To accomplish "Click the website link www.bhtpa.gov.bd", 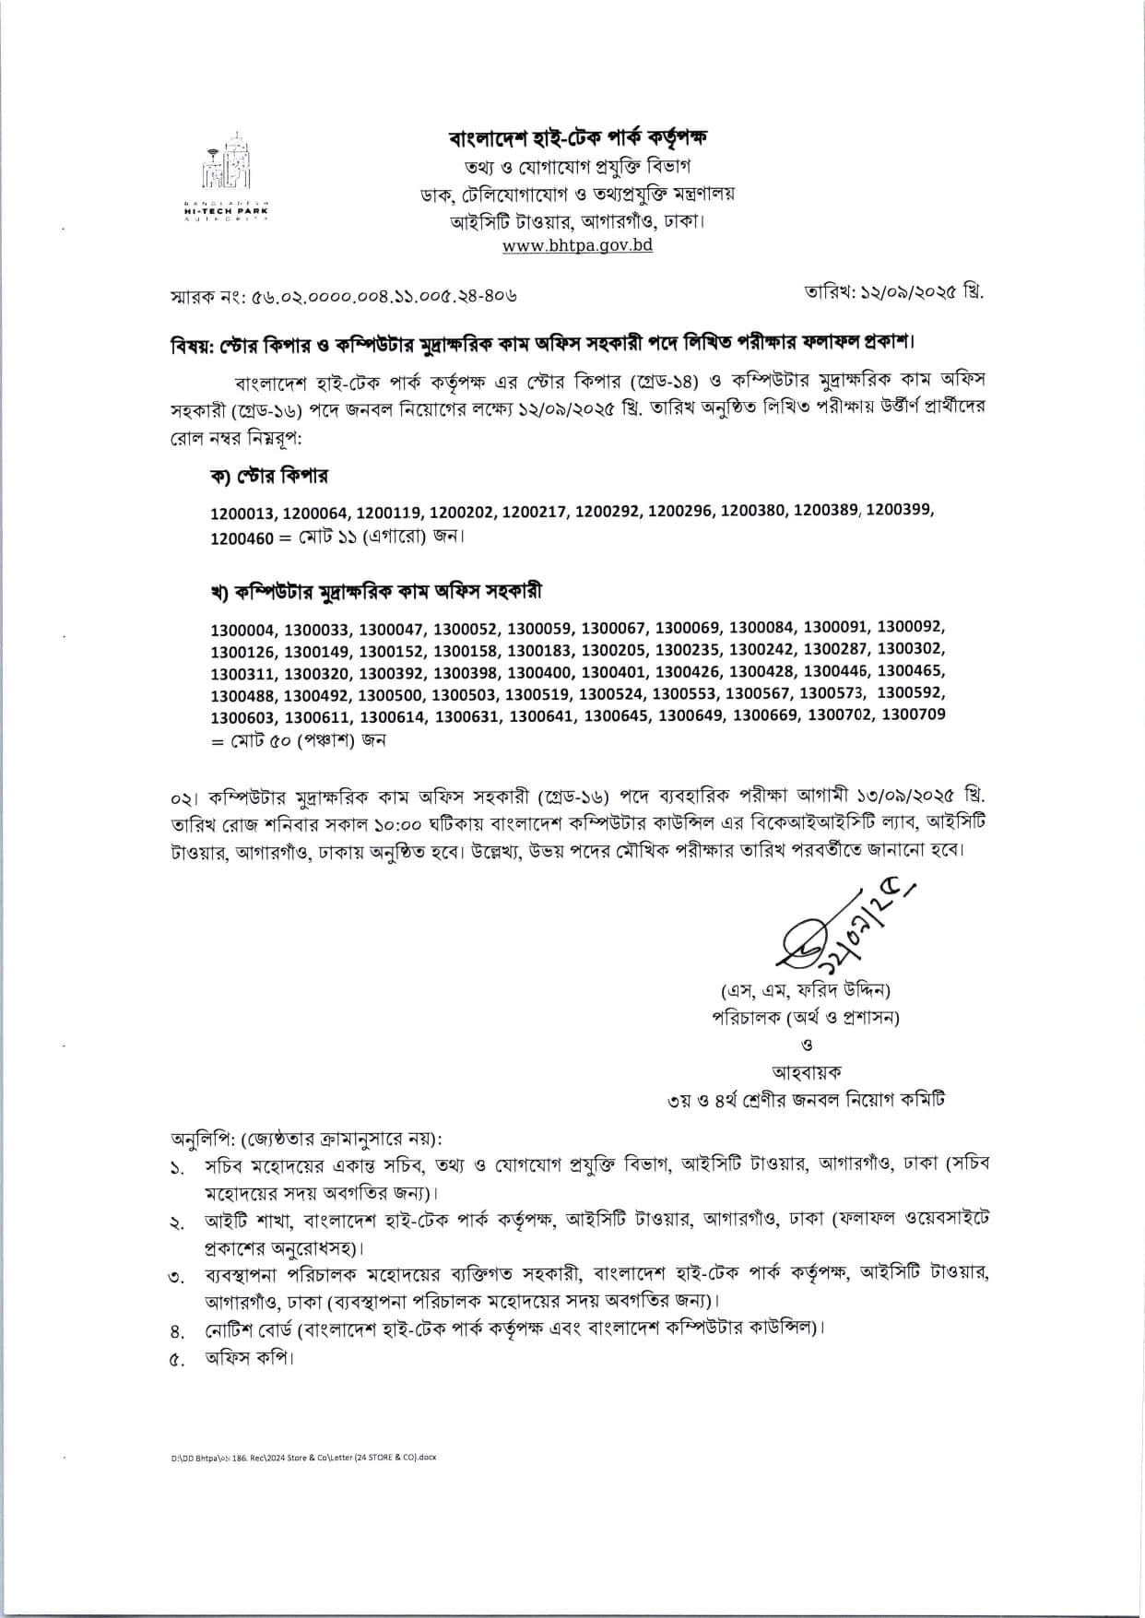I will [x=577, y=245].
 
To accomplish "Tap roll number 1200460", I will [x=242, y=537].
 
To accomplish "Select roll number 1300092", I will [x=911, y=627].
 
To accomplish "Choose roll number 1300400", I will [x=540, y=673].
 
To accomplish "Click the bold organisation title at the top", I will [x=578, y=138].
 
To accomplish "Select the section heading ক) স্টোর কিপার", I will [x=269, y=476].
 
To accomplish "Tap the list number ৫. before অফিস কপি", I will [x=178, y=1358].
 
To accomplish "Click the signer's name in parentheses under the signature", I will [x=806, y=990].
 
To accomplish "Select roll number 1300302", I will [x=911, y=649].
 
